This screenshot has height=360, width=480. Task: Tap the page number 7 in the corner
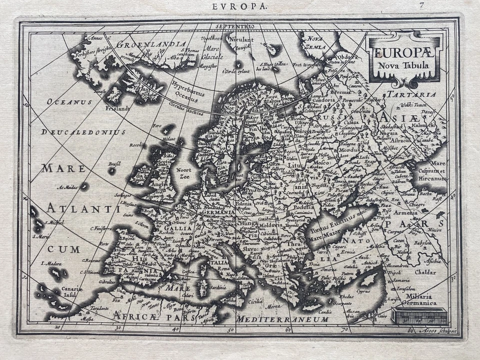[422, 5]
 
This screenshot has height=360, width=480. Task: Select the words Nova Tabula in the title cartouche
[404, 63]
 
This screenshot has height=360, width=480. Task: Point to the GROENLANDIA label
[151, 44]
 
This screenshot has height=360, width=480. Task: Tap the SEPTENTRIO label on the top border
[236, 25]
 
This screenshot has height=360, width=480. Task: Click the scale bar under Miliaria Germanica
[419, 316]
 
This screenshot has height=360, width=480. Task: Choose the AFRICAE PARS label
[141, 315]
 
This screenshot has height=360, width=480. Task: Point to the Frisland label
[117, 107]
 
